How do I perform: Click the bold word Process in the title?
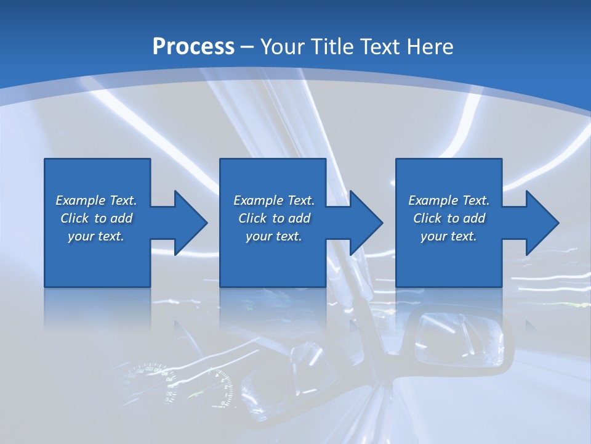(193, 46)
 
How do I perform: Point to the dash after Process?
(247, 47)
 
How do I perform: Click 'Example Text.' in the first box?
(96, 200)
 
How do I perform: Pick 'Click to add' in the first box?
(96, 218)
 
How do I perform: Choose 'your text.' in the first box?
(96, 236)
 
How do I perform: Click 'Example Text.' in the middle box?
(274, 200)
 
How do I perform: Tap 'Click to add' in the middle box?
(274, 218)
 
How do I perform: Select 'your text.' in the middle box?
(274, 236)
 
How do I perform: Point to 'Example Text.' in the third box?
(449, 200)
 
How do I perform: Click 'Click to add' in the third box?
(449, 218)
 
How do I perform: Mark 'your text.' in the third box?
(449, 236)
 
